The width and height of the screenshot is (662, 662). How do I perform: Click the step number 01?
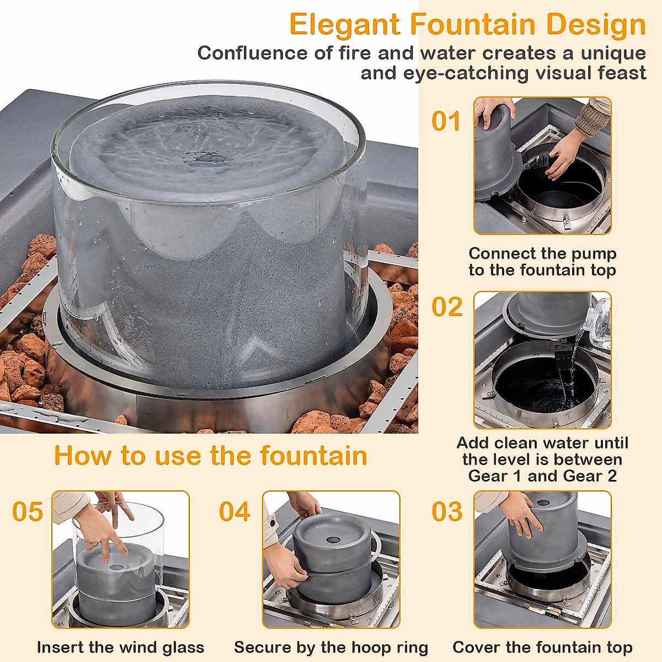(x=446, y=121)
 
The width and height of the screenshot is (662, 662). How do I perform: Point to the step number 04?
(x=234, y=512)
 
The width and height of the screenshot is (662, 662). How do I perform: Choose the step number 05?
(x=28, y=512)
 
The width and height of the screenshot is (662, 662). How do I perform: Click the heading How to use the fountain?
(x=210, y=456)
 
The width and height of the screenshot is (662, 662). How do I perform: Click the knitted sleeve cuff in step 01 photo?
(x=593, y=118)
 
